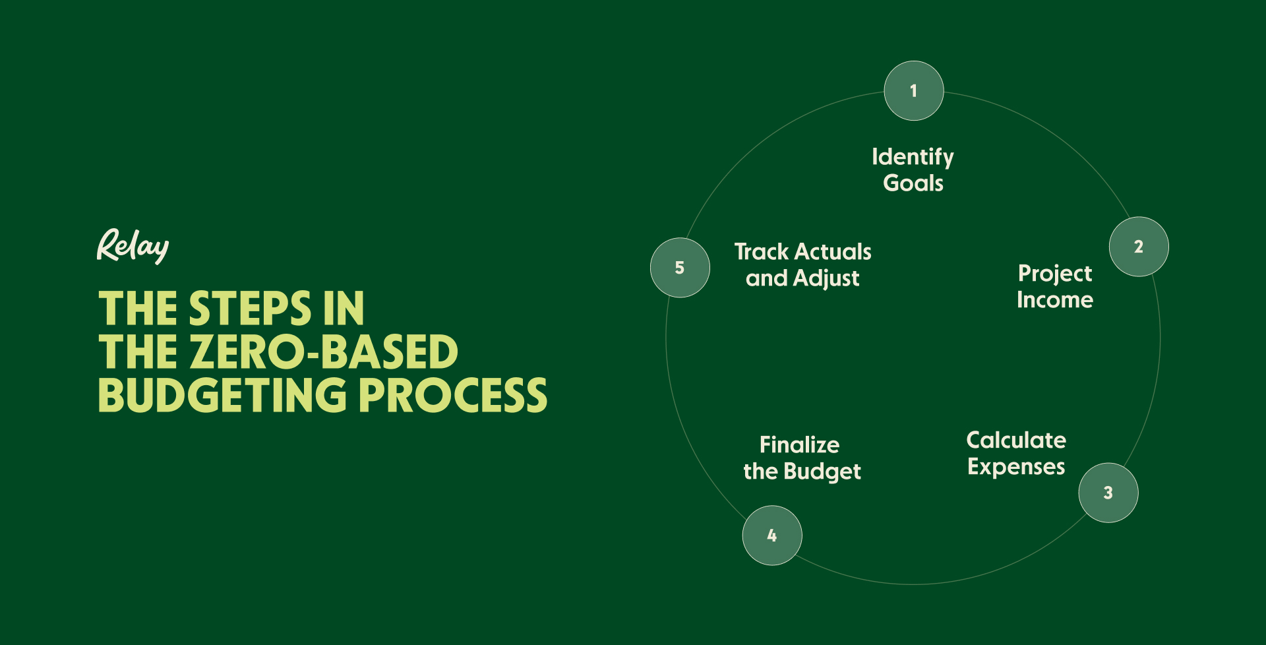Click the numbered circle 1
tap(913, 91)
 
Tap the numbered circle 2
tap(1139, 247)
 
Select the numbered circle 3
tap(1108, 493)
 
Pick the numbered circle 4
tap(772, 536)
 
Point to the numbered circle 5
tap(680, 268)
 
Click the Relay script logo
tap(133, 246)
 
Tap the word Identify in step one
tap(913, 157)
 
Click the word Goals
tap(913, 183)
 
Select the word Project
tap(1055, 274)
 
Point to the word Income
tap(1055, 300)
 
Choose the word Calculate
tap(1016, 440)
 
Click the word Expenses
tap(1016, 467)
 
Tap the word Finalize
tap(799, 445)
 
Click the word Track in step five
tap(762, 252)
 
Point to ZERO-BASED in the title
tap(324, 352)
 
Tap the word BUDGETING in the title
tap(222, 396)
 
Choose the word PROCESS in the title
tap(453, 396)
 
